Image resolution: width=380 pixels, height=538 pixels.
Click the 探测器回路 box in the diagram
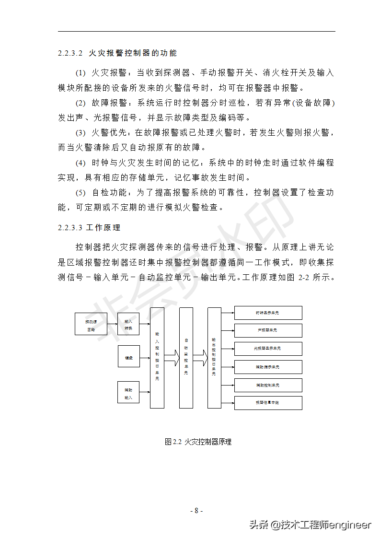pos(91,324)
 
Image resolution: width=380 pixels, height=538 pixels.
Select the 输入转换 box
pos(128,324)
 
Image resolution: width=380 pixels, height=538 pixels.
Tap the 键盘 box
pos(128,356)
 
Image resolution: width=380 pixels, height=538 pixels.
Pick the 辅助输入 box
pos(128,392)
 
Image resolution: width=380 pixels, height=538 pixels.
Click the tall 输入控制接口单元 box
pos(157,358)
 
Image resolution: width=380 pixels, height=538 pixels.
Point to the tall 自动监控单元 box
pos(186,358)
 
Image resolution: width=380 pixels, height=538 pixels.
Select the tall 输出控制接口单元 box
pos(214,358)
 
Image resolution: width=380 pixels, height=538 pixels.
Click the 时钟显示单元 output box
pos(268,313)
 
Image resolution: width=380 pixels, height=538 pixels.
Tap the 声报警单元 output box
pos(268,330)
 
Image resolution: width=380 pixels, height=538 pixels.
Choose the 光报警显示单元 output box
pos(268,349)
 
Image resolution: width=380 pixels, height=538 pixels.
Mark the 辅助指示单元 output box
pos(268,367)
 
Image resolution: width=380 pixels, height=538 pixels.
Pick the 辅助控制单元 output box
pos(268,385)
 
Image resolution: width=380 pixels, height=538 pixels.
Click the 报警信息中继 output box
pos(268,403)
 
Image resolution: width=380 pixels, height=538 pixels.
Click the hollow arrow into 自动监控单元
pos(172,357)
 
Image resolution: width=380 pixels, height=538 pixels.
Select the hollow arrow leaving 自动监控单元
pos(200,357)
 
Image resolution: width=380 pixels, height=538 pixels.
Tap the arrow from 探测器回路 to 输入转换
pos(113,324)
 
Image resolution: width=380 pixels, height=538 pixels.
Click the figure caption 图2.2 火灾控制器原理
pos(198,442)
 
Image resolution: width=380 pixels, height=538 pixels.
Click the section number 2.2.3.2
pos(70,53)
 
